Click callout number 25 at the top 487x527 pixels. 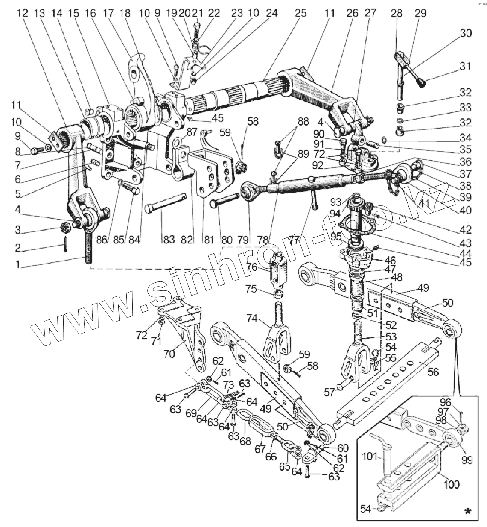(300, 13)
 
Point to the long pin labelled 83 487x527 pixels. (166, 202)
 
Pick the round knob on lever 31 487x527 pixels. (424, 83)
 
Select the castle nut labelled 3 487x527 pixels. (66, 226)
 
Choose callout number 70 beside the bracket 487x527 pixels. (169, 354)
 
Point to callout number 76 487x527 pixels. (251, 267)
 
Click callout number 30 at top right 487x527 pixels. (466, 33)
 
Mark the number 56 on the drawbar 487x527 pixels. (433, 372)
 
